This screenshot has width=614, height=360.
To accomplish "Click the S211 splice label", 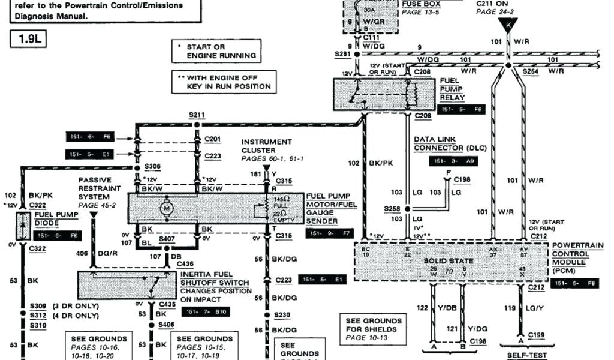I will tap(197, 114).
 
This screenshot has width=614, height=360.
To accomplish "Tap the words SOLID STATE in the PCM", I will tap(449, 261).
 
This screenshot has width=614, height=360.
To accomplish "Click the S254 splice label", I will tap(530, 71).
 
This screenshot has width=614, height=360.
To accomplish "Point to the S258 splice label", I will tap(392, 208).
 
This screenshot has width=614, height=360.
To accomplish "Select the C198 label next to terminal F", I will tap(462, 179).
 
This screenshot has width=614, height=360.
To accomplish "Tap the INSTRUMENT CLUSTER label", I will tap(267, 146).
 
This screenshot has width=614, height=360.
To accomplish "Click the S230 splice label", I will tap(281, 314).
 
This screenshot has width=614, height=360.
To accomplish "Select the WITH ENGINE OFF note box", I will tap(224, 82).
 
